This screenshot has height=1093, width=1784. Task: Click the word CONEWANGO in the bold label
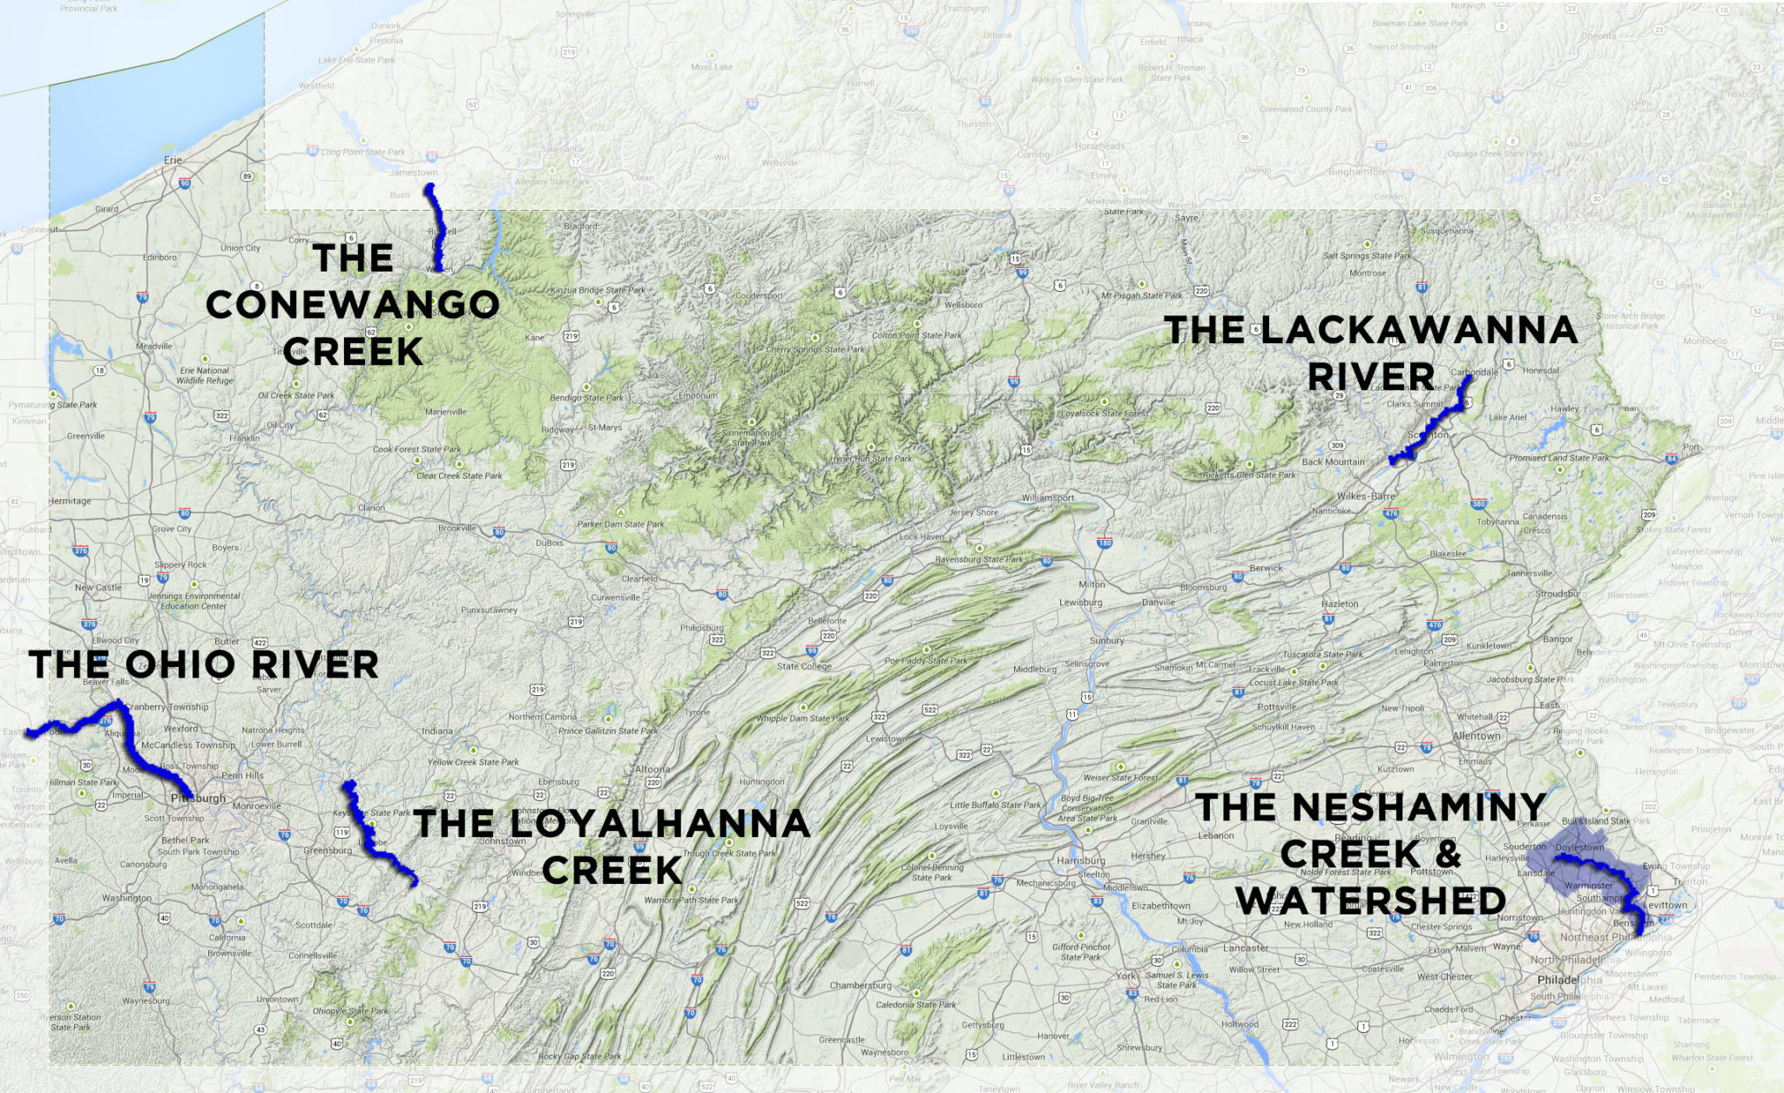pyautogui.click(x=353, y=305)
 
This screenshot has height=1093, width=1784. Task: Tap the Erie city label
pyautogui.click(x=173, y=160)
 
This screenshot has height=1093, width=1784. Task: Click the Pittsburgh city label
pyautogui.click(x=199, y=798)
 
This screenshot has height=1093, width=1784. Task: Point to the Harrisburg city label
pyautogui.click(x=1081, y=860)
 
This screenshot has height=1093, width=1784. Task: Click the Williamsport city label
pyautogui.click(x=1048, y=498)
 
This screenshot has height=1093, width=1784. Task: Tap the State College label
pyautogui.click(x=804, y=666)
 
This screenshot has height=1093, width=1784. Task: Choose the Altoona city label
pyautogui.click(x=652, y=769)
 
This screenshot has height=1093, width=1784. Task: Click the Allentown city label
pyautogui.click(x=1477, y=736)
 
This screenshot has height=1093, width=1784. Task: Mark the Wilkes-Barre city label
pyautogui.click(x=1366, y=496)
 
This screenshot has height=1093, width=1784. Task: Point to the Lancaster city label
pyautogui.click(x=1246, y=948)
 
